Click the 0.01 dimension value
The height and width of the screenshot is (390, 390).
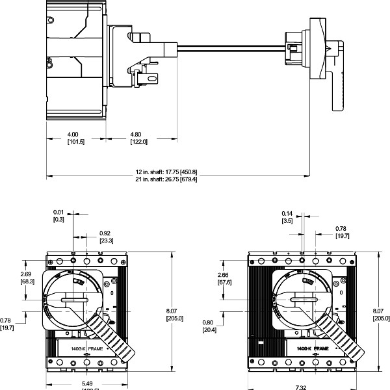pos(58,213)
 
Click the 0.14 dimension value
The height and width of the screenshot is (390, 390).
pos(287,213)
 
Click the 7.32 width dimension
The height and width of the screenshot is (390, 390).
pos(301,387)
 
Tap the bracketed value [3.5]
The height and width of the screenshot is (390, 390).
pos(287,220)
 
